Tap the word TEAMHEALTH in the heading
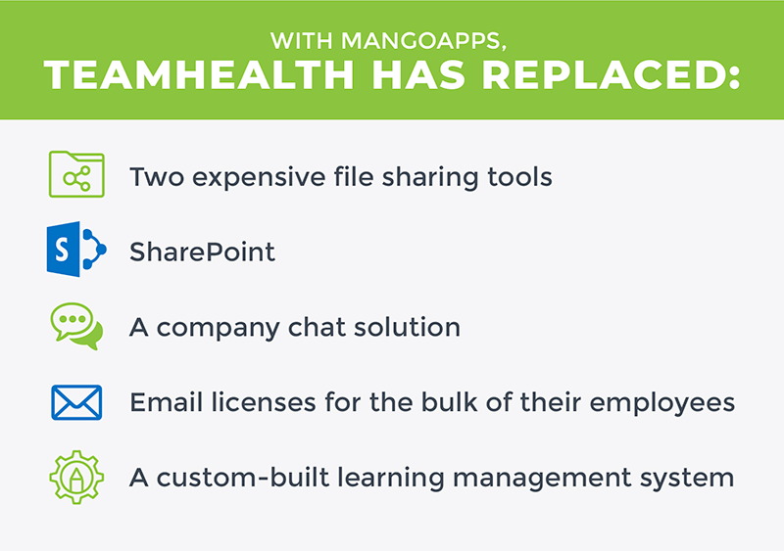click(199, 75)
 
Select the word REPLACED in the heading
click(611, 75)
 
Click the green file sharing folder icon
click(76, 174)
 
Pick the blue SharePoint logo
click(76, 250)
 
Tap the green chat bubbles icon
click(77, 326)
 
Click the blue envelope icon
click(76, 402)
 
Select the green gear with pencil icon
click(76, 477)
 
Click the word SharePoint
click(202, 252)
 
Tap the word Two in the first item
click(157, 177)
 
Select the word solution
click(407, 327)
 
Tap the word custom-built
click(243, 477)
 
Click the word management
click(543, 479)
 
